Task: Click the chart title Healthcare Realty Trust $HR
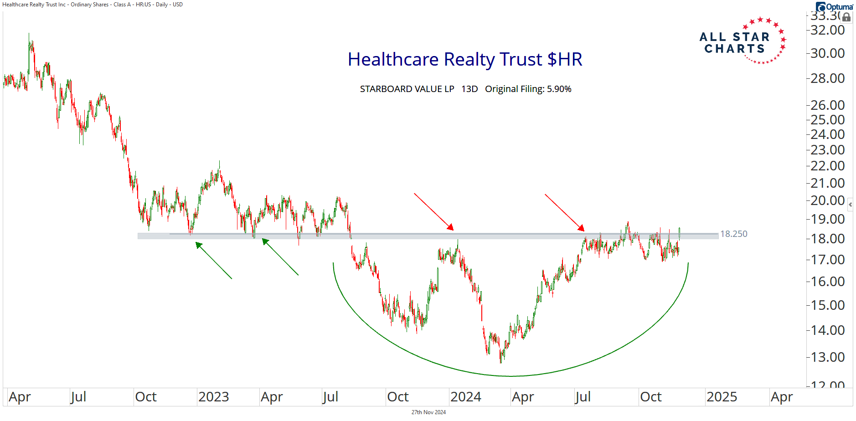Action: pos(465,60)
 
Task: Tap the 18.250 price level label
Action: pos(733,234)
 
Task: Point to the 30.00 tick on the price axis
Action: pos(827,53)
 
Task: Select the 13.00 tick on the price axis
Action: pos(827,357)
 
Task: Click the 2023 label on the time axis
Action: pos(213,397)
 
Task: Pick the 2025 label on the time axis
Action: pos(722,397)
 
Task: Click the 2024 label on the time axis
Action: pos(465,397)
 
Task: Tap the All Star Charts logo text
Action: pos(734,43)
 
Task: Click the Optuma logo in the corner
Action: pos(834,6)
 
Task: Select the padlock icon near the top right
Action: pos(846,17)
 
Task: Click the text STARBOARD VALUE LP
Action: pos(407,89)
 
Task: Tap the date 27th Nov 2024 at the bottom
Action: pos(428,412)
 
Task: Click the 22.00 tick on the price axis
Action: pos(827,166)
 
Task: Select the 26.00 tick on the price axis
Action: pos(827,105)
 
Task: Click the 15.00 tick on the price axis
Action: pos(827,305)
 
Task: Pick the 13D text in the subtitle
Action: pos(469,89)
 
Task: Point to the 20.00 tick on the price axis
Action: pos(827,200)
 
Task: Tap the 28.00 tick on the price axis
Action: pos(827,78)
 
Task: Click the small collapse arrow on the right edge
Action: pos(850,205)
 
